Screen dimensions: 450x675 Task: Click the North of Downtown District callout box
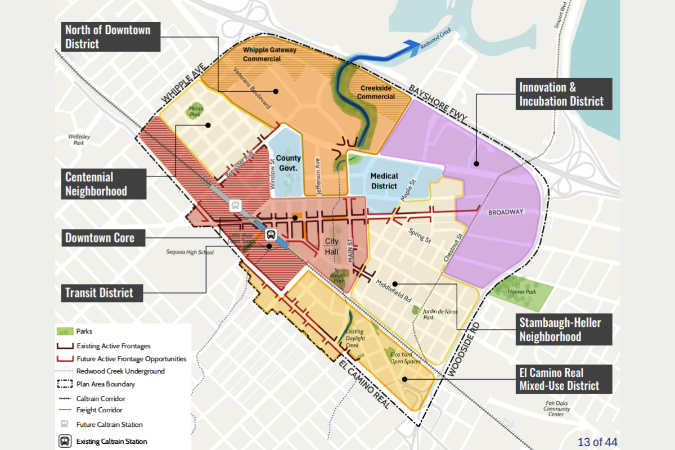pyautogui.click(x=107, y=37)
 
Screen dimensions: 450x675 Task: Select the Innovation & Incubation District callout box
pyautogui.click(x=561, y=94)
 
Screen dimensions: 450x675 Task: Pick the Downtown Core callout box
pyautogui.click(x=100, y=238)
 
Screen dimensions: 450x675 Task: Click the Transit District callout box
pyautogui.click(x=99, y=292)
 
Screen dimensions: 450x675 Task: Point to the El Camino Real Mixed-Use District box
pyautogui.click(x=559, y=379)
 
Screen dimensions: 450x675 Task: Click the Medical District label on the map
pyautogui.click(x=384, y=181)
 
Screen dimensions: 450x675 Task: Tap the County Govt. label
pyautogui.click(x=289, y=163)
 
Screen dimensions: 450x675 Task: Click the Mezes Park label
pyautogui.click(x=195, y=111)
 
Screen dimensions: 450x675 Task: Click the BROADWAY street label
pyautogui.click(x=505, y=212)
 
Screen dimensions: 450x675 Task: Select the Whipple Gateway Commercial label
pyautogui.click(x=269, y=54)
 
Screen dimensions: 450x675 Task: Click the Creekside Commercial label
pyautogui.click(x=376, y=92)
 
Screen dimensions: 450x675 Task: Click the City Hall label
pyautogui.click(x=332, y=247)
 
